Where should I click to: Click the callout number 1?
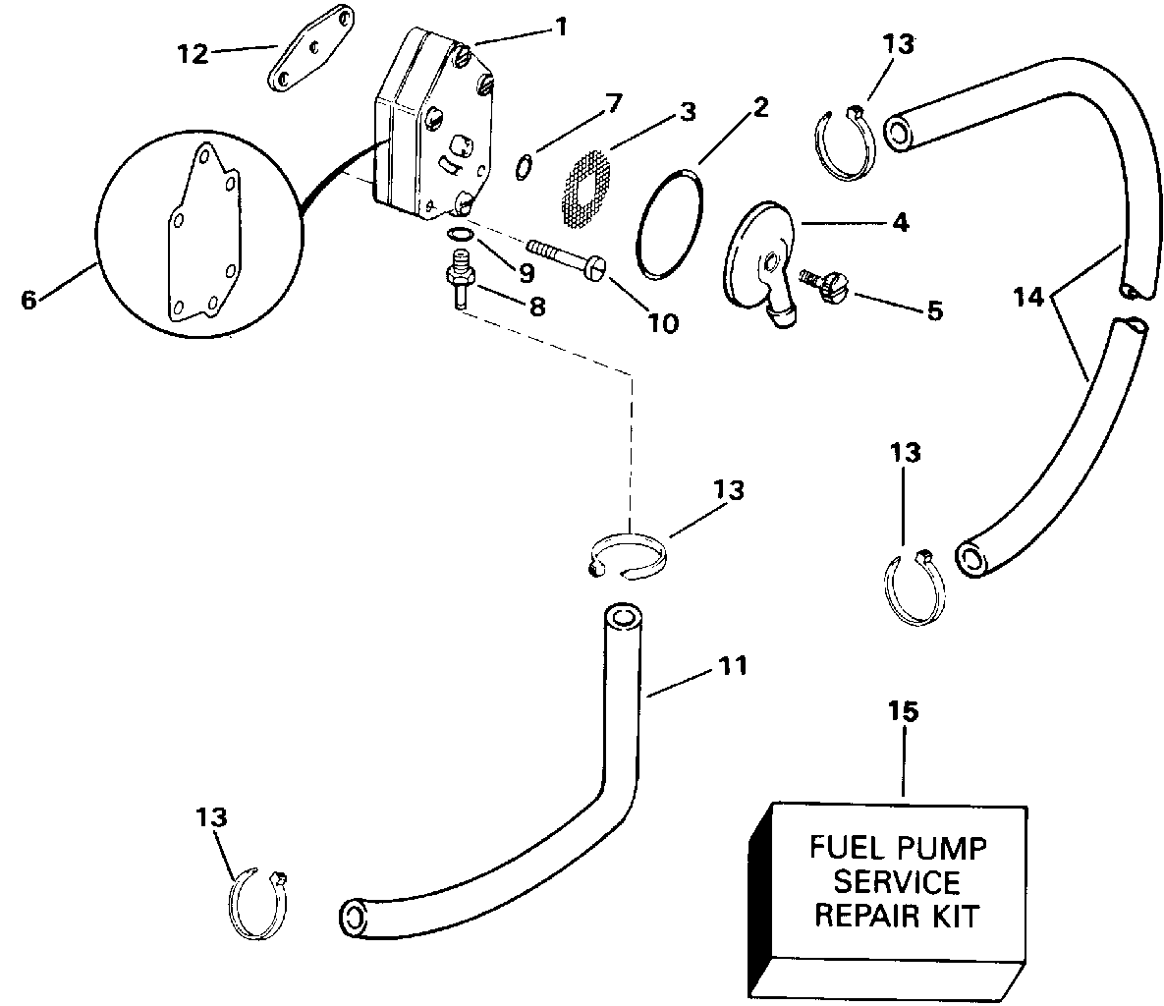[561, 28]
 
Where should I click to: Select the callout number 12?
[193, 53]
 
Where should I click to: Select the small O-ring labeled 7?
[524, 168]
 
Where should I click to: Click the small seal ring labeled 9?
[461, 235]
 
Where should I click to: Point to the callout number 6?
[28, 300]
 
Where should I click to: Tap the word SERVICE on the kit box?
[896, 881]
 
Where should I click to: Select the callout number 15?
[904, 711]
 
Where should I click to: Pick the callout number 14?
[1028, 298]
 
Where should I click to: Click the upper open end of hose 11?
[622, 619]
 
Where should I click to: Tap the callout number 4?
[901, 222]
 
